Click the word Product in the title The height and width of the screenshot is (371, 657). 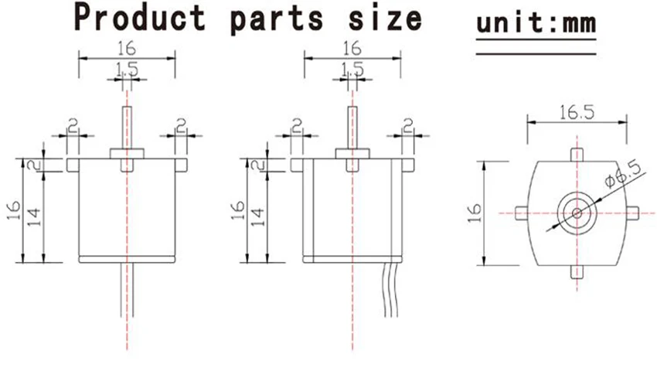(x=140, y=18)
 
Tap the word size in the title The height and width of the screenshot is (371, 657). (x=385, y=19)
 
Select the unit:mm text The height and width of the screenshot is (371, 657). (x=536, y=22)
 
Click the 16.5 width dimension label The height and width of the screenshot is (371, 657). (x=577, y=112)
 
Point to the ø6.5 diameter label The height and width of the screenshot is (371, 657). (x=623, y=174)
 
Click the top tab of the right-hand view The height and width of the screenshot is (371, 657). (x=577, y=155)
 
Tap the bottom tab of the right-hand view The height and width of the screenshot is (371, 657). (x=577, y=271)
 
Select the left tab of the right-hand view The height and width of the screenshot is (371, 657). (x=522, y=213)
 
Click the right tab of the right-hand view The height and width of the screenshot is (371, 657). (x=632, y=213)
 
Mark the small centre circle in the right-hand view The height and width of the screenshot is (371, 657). (x=577, y=213)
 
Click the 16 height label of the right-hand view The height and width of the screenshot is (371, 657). (x=475, y=213)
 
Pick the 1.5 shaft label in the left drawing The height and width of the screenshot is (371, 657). (x=127, y=69)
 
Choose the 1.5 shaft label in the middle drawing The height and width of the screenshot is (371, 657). (x=352, y=69)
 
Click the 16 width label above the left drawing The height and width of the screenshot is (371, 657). (x=127, y=49)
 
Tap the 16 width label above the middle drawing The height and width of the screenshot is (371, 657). (x=352, y=49)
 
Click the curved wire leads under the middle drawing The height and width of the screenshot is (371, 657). (x=390, y=290)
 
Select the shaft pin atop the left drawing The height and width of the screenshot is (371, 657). (x=127, y=128)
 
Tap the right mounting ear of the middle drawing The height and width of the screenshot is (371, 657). (x=407, y=165)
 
